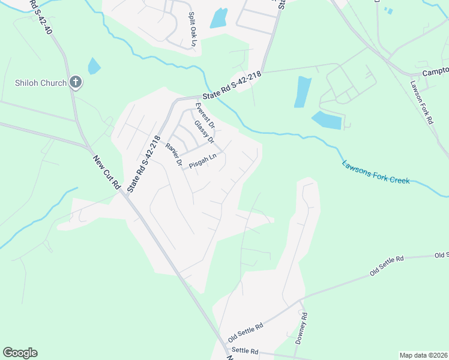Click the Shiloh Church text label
(41, 83)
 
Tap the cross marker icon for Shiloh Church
(75, 82)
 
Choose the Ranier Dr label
(173, 154)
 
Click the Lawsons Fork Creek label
(376, 172)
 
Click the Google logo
(20, 353)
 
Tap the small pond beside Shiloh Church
(94, 65)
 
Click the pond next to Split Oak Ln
(219, 18)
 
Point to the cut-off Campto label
(436, 71)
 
